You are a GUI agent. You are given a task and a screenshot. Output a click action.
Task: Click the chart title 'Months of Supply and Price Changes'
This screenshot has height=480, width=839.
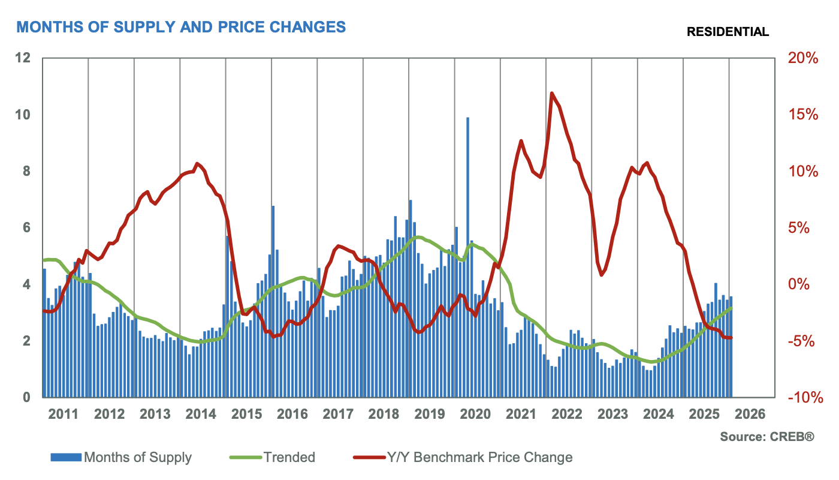[181, 27]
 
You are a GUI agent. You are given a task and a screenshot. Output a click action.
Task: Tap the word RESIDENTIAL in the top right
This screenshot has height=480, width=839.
[728, 32]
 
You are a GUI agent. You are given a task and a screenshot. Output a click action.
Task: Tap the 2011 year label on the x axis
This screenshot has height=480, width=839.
[64, 415]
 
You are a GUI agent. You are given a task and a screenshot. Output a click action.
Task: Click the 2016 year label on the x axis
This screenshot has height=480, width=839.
[293, 415]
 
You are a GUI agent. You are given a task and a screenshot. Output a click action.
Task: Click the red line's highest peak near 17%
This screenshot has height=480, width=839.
[551, 94]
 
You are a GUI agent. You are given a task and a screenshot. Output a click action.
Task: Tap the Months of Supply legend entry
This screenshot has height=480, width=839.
[138, 457]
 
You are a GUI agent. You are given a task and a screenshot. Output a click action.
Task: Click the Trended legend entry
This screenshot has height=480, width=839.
[289, 457]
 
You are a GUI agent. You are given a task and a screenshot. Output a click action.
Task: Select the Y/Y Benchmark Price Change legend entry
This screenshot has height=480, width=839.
[477, 457]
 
